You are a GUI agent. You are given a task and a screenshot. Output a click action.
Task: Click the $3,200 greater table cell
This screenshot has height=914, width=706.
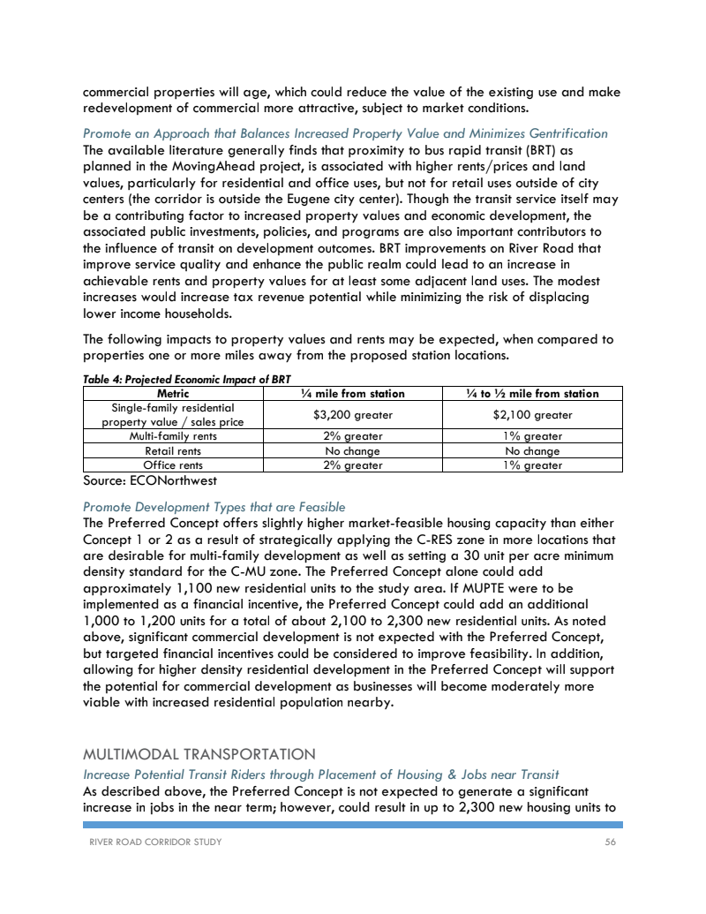353,414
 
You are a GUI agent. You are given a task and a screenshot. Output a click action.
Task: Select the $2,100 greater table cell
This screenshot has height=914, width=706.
532,414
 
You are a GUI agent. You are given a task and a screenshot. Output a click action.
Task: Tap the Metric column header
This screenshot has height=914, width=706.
173,393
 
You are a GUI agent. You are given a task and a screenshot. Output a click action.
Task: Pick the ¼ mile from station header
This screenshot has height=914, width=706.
353,393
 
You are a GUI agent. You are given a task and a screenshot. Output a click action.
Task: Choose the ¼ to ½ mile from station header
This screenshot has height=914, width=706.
532,393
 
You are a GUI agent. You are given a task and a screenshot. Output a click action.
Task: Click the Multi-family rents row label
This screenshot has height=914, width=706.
173,436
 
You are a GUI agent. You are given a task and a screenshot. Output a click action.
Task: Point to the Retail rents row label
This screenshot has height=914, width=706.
173,450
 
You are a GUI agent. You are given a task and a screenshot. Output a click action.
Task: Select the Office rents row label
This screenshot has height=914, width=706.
173,465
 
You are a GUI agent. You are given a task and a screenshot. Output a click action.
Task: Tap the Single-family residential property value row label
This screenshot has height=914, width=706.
173,414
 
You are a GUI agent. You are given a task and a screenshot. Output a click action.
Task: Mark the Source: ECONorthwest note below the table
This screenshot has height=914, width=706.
150,480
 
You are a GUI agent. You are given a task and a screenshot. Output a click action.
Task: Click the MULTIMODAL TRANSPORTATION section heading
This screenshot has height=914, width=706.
199,754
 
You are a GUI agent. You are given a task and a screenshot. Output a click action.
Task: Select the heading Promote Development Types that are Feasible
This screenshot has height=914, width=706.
214,507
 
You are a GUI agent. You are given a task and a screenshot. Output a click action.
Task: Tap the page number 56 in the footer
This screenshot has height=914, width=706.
610,842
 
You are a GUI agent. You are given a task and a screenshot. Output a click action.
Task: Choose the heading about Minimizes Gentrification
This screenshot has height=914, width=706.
345,133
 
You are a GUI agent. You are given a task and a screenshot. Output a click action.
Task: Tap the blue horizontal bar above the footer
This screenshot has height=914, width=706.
353,825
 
